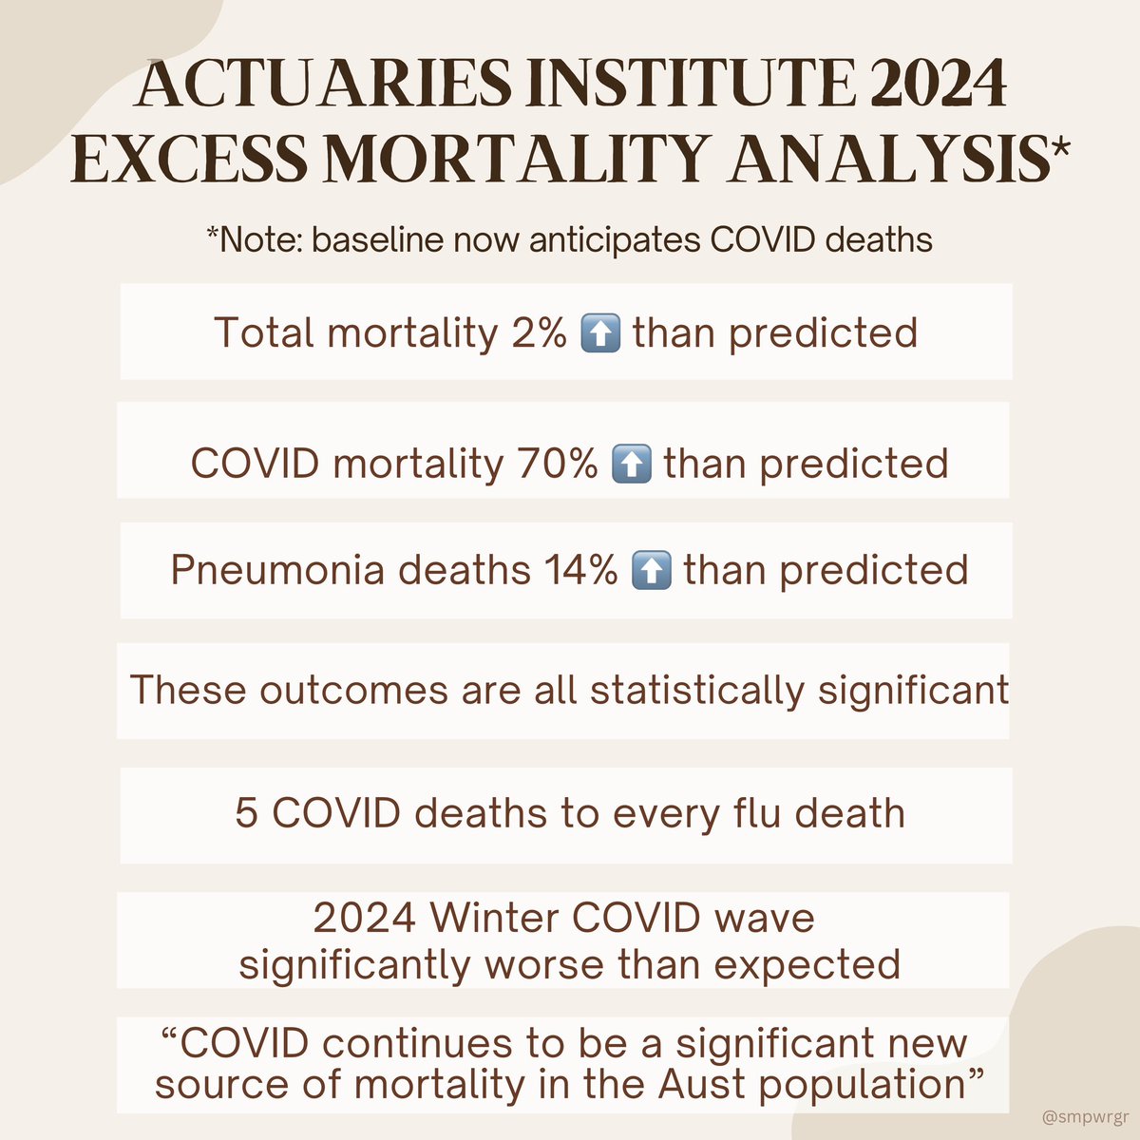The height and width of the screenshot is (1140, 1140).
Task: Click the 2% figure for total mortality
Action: coord(538,332)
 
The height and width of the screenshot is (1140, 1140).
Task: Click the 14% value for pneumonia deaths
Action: coord(580,570)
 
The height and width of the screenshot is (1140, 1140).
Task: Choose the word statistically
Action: coord(697,690)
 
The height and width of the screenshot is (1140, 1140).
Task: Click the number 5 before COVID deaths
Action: coord(245,814)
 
